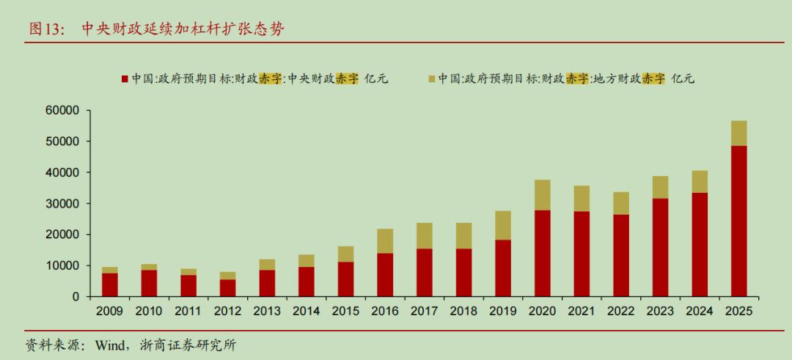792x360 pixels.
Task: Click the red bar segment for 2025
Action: [738, 221]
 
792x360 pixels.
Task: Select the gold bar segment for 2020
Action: [542, 195]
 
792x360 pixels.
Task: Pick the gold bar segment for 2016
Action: [385, 240]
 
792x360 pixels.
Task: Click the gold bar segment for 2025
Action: [738, 133]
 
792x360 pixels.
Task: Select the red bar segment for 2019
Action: [502, 268]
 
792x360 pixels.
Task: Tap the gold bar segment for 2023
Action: [660, 187]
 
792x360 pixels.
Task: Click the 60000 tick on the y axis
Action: [62, 111]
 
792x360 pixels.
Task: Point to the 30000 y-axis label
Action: [62, 204]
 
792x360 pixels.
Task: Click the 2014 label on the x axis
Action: [306, 311]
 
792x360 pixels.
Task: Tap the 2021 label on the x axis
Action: [582, 311]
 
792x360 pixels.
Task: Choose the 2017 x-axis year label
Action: [424, 311]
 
